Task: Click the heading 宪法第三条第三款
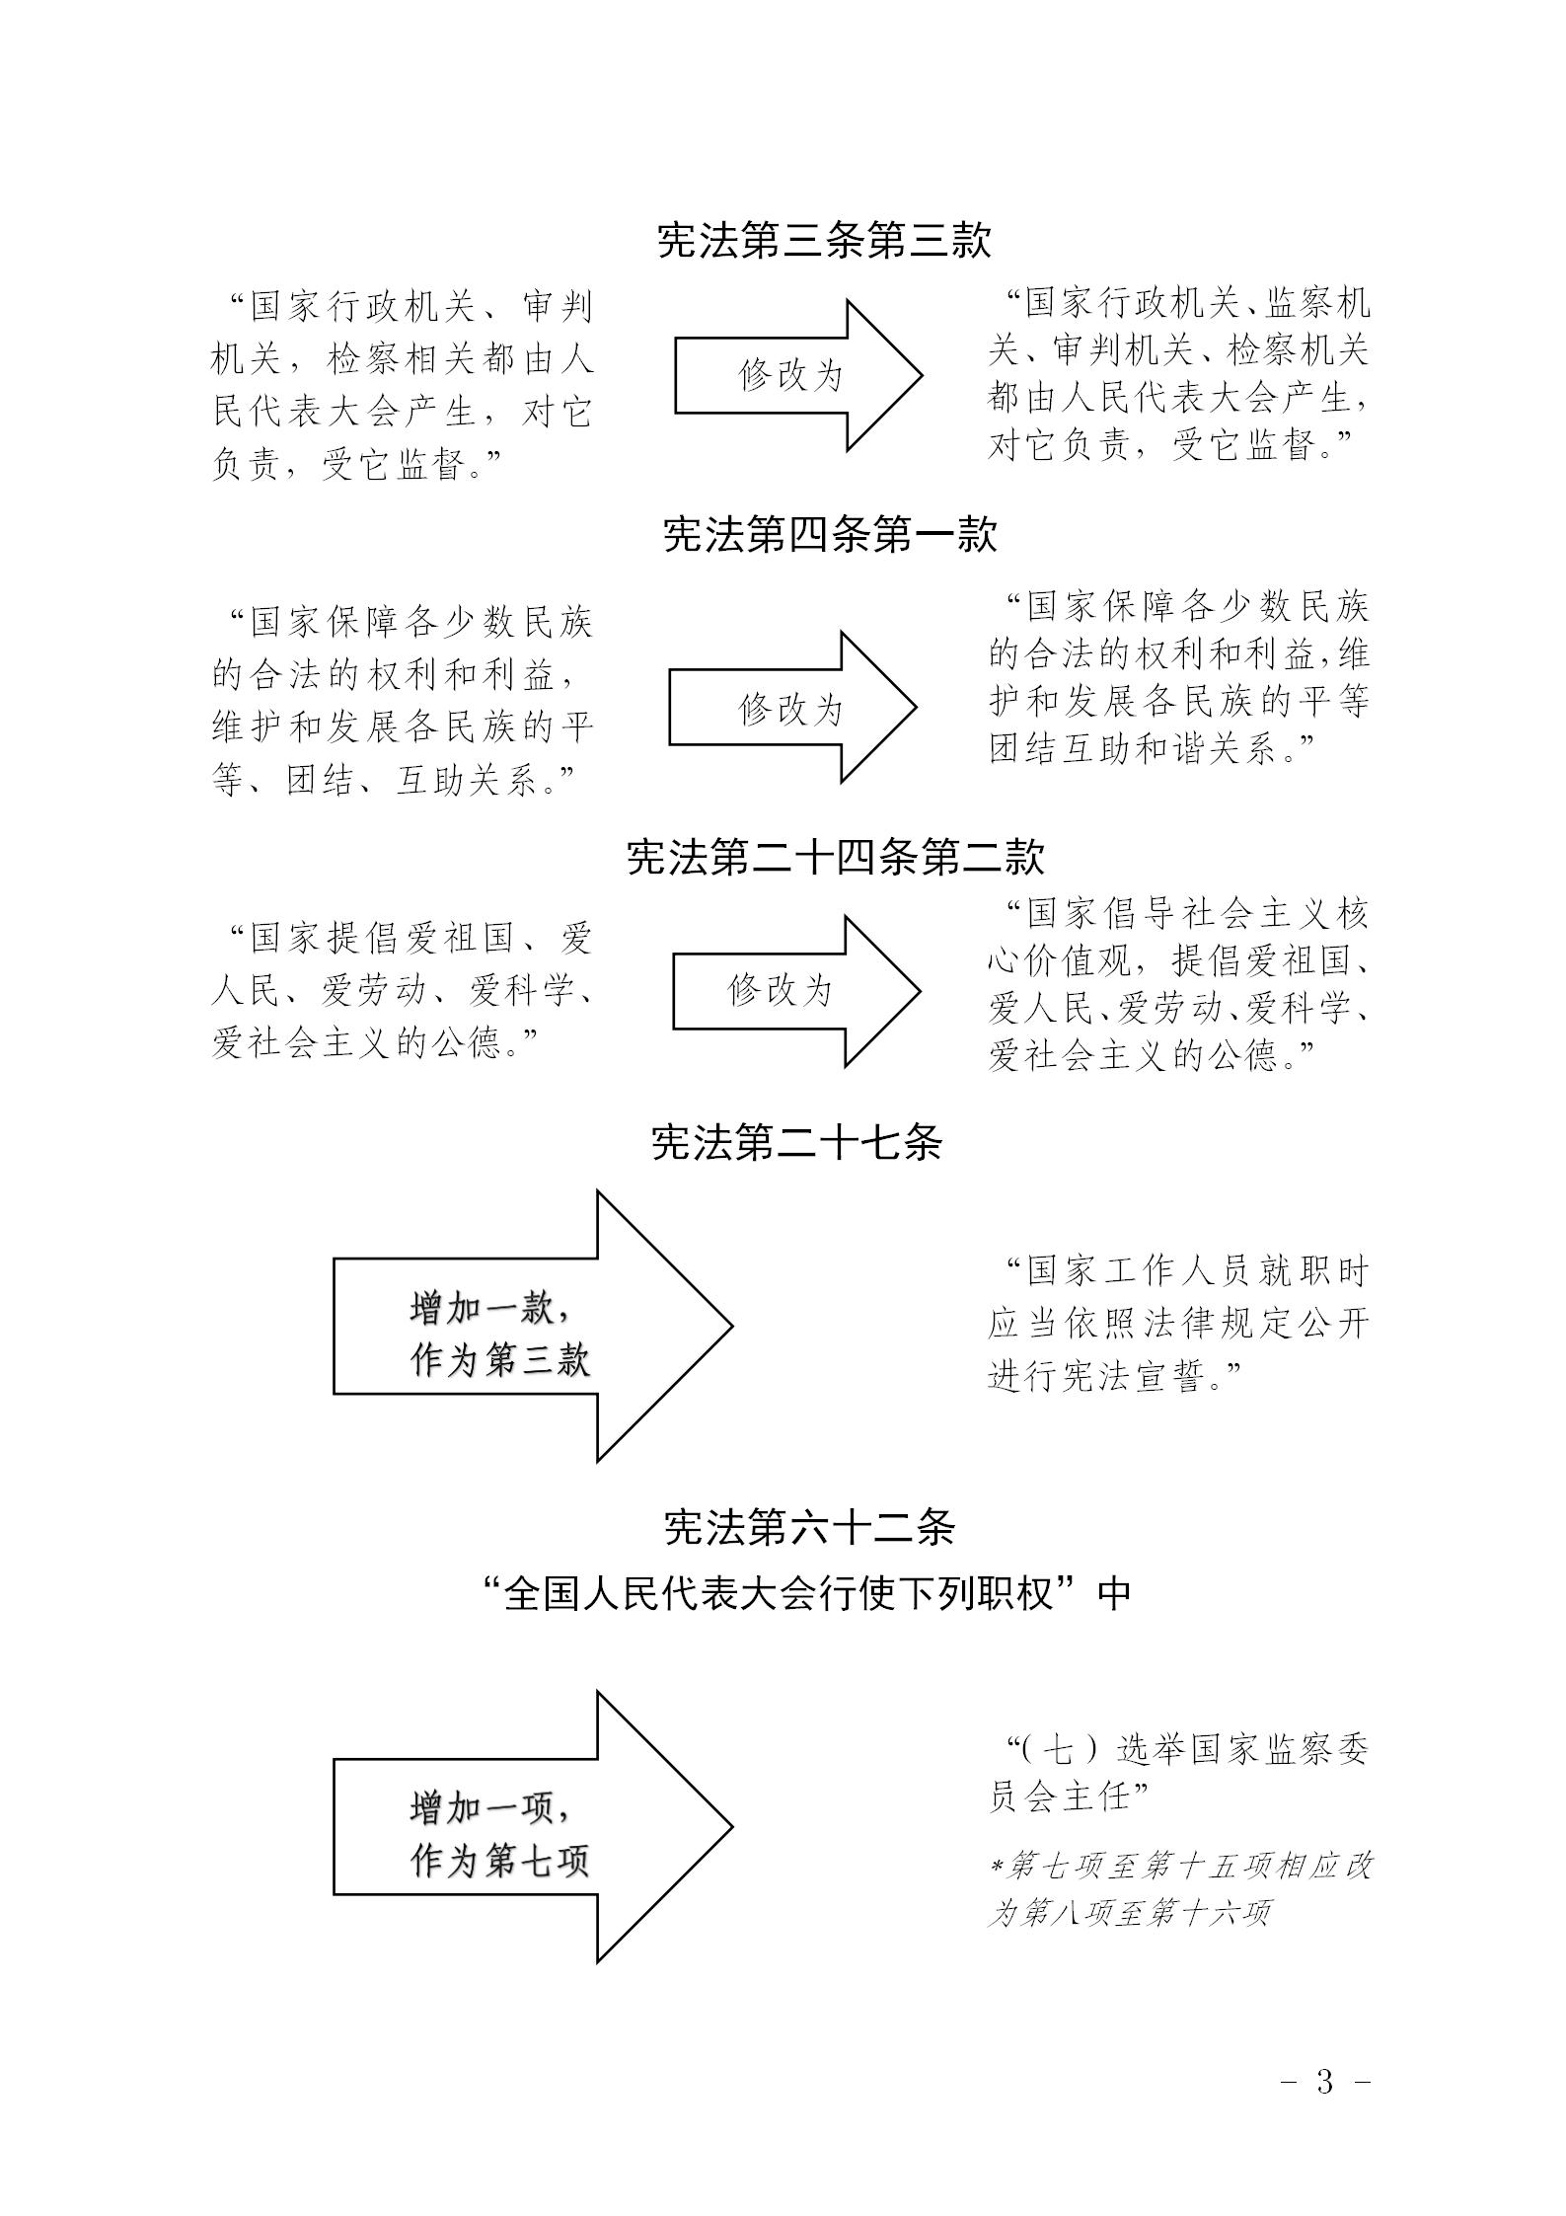point(824,240)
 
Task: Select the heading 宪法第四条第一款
point(830,534)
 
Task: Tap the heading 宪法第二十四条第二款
point(836,857)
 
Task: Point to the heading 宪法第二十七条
point(797,1142)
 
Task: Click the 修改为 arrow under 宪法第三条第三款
point(798,376)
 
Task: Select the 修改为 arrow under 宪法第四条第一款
point(793,708)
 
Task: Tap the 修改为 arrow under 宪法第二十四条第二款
point(797,991)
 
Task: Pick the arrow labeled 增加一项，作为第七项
point(533,1826)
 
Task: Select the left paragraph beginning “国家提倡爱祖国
point(403,989)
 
